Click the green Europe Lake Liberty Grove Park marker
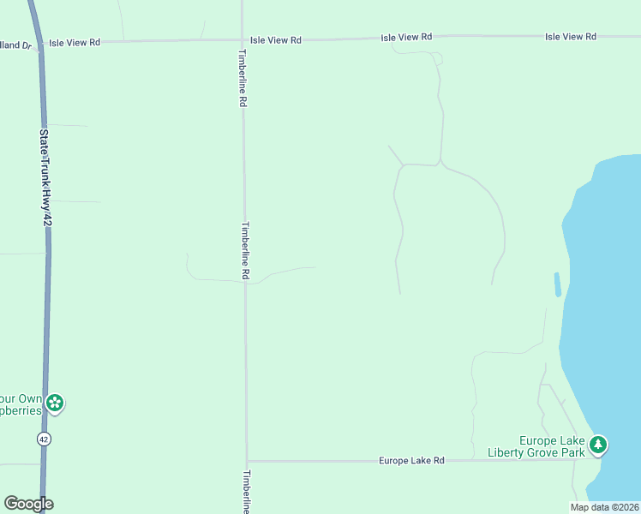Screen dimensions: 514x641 (x=598, y=445)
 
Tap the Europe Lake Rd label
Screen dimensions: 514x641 (x=411, y=461)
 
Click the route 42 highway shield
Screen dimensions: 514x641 (x=45, y=439)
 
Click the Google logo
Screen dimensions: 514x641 (x=28, y=504)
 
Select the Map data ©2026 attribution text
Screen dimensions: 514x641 (x=604, y=507)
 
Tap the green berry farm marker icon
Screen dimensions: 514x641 (x=55, y=403)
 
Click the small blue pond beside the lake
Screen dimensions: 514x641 (x=558, y=284)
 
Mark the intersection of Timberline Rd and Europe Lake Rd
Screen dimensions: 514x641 (x=247, y=461)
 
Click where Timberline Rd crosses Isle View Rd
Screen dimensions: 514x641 (x=243, y=39)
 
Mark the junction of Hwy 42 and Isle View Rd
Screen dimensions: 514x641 (x=39, y=41)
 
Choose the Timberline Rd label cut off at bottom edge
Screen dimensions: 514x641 (x=247, y=492)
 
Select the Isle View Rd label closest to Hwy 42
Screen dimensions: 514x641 (x=75, y=42)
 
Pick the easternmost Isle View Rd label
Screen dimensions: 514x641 (x=570, y=37)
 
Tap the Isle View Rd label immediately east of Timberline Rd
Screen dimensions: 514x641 (x=276, y=40)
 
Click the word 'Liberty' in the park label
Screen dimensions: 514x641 (x=506, y=452)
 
